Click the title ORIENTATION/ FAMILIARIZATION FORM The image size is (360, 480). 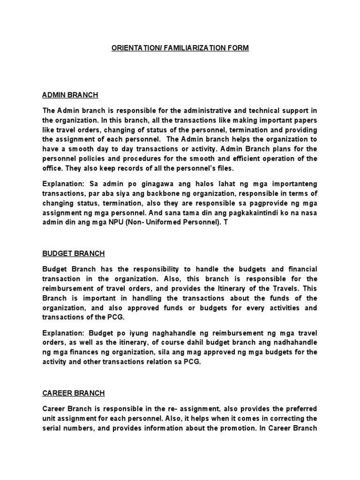click(x=180, y=48)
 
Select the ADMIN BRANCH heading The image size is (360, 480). click(x=70, y=95)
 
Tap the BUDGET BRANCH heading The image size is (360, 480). click(x=73, y=254)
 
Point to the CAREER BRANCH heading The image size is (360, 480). click(x=73, y=393)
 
